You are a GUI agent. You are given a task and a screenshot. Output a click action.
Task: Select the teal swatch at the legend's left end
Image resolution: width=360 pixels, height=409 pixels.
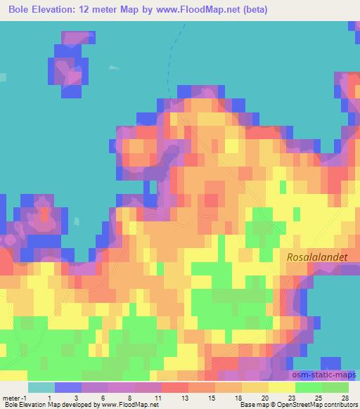click(41, 387)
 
